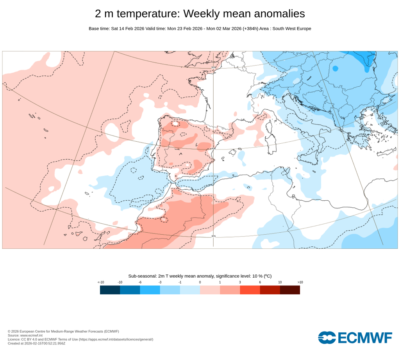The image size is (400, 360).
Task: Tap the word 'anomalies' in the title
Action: coord(279,14)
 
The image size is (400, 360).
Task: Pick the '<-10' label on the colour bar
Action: coord(100,282)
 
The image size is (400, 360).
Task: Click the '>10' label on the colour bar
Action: coord(300,282)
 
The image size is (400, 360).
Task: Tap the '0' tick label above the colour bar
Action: coord(200,282)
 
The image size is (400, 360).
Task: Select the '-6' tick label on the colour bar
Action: coord(140,282)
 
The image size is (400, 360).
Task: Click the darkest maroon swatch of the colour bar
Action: coord(290,290)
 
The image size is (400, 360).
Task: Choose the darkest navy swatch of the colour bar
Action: coord(110,290)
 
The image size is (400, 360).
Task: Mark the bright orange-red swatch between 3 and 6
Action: coord(250,290)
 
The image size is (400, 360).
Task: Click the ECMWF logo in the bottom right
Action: coord(355,337)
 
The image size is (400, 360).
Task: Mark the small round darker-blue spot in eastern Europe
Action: coord(335,69)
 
